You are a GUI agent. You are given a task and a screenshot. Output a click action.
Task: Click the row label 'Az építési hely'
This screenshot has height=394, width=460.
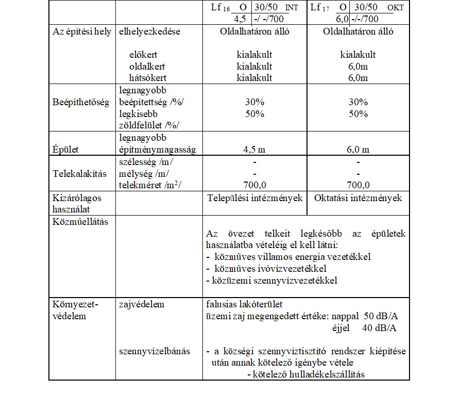82,31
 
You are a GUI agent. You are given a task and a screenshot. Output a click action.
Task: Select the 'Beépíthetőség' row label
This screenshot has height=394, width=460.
81,103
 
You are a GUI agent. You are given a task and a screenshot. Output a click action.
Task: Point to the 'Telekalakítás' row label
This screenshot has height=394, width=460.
80,173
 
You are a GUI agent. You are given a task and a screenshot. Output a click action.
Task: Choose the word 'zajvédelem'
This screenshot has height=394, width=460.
141,304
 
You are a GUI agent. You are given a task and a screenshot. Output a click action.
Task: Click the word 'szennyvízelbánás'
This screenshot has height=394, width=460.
154,351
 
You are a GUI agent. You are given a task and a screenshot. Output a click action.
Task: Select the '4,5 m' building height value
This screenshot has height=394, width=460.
254,150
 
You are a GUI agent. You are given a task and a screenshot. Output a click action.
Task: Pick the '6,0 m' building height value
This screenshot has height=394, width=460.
358,150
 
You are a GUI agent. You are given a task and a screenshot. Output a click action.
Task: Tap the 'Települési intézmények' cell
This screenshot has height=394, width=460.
254,198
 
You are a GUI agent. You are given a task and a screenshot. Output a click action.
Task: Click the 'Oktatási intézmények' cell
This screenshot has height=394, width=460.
358,198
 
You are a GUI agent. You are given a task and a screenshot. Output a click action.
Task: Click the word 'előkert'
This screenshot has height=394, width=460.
144,55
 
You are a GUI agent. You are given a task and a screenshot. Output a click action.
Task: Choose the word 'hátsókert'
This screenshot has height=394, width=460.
148,78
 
